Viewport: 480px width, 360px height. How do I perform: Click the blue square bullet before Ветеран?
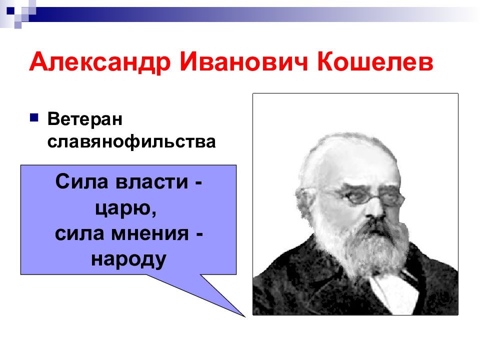(33, 118)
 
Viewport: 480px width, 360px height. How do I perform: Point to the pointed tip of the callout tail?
(244, 316)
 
